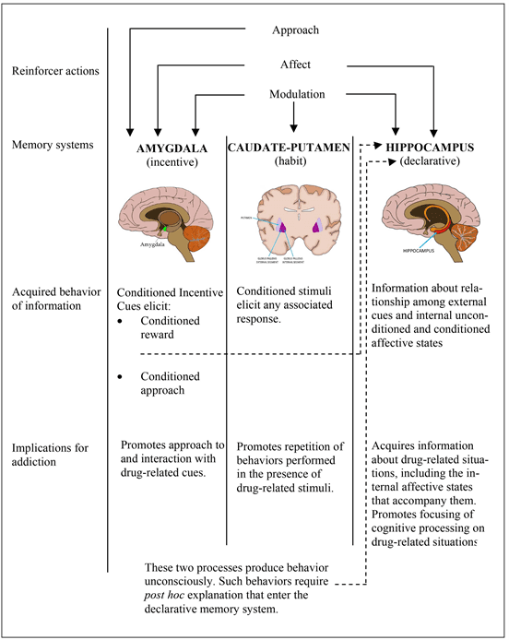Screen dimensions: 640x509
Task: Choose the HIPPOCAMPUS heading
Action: (432, 148)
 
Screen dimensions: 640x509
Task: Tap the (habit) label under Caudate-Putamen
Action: (290, 162)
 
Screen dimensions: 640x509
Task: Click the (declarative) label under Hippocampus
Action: (432, 163)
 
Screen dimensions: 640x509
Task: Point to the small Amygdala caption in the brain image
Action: (153, 245)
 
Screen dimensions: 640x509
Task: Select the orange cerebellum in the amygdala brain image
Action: (195, 231)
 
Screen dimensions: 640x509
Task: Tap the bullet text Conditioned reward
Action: (172, 329)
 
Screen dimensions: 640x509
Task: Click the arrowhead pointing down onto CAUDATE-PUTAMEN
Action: (291, 128)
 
